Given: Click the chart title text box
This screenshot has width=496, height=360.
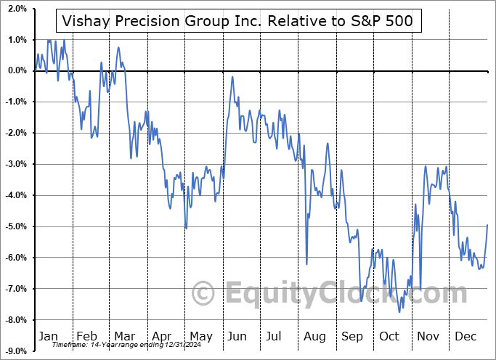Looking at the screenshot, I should pyautogui.click(x=247, y=20).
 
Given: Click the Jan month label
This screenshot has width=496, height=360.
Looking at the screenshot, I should pyautogui.click(x=47, y=337).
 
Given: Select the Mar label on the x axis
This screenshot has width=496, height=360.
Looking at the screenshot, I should pyautogui.click(x=123, y=337).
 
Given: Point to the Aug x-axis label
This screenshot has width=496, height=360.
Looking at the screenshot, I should pyautogui.click(x=315, y=337).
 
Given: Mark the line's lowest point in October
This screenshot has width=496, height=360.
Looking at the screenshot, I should pyautogui.click(x=399, y=312).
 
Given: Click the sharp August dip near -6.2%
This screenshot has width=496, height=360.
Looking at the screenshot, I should pyautogui.click(x=307, y=264).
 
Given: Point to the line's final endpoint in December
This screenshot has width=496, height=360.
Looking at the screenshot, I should pyautogui.click(x=487, y=225).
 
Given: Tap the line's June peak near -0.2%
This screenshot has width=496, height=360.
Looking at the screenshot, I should pyautogui.click(x=232, y=77).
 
